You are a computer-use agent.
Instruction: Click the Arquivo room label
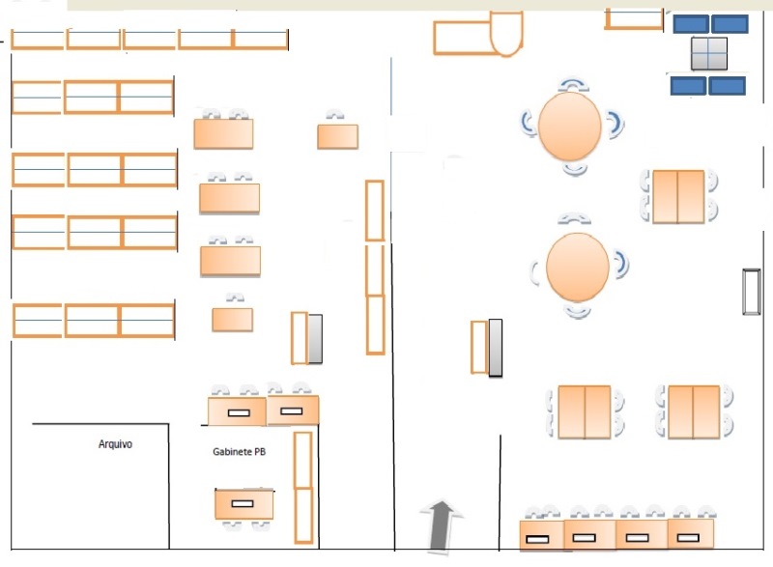115,444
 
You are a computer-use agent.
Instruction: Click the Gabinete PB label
239,451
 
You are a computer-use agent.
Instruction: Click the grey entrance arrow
442,526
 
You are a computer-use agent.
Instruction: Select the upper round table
570,127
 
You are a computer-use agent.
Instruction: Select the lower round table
578,267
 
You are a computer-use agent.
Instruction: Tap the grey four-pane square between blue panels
709,53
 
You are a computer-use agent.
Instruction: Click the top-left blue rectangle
691,23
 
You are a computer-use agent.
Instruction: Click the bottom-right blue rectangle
728,86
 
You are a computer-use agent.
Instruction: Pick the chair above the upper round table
573,85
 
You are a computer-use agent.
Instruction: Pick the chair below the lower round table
577,311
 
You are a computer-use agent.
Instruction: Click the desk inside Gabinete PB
244,503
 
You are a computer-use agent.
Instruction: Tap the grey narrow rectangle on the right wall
752,292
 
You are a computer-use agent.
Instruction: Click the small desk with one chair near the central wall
337,136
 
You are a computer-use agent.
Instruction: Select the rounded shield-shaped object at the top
506,34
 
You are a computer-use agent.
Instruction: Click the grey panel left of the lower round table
496,348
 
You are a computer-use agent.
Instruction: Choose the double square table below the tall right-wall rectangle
694,411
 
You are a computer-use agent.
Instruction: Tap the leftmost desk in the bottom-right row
542,535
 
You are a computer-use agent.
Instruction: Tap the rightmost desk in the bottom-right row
691,533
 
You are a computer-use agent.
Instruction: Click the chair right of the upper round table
616,125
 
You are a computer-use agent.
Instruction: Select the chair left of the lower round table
535,272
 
